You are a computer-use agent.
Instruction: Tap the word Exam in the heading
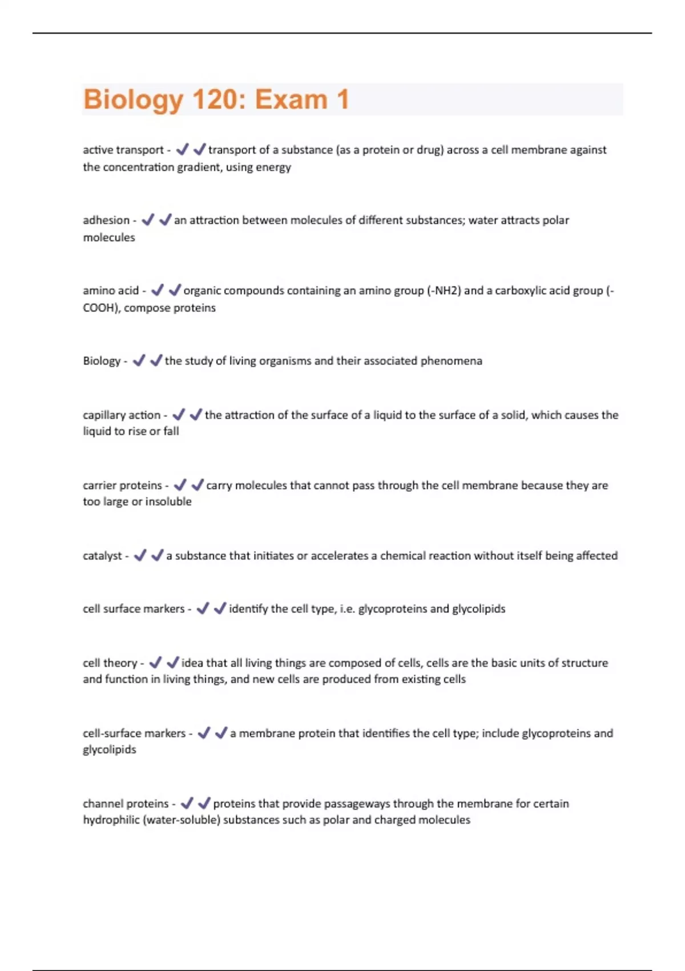click(x=291, y=99)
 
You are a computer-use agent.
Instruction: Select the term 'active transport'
click(x=123, y=150)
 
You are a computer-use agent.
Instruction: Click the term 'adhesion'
click(x=106, y=220)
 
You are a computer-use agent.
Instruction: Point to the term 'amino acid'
click(x=111, y=290)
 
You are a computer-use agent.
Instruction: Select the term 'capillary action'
click(x=122, y=415)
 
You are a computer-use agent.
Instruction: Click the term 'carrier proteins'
click(x=123, y=485)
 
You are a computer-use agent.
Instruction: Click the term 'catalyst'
click(x=102, y=555)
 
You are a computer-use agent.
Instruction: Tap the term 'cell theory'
click(x=110, y=663)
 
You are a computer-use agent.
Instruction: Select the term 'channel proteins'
click(x=126, y=803)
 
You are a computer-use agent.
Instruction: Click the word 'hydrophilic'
click(x=111, y=820)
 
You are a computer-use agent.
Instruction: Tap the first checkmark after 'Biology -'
click(x=138, y=360)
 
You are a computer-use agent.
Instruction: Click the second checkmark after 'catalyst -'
click(x=157, y=555)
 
